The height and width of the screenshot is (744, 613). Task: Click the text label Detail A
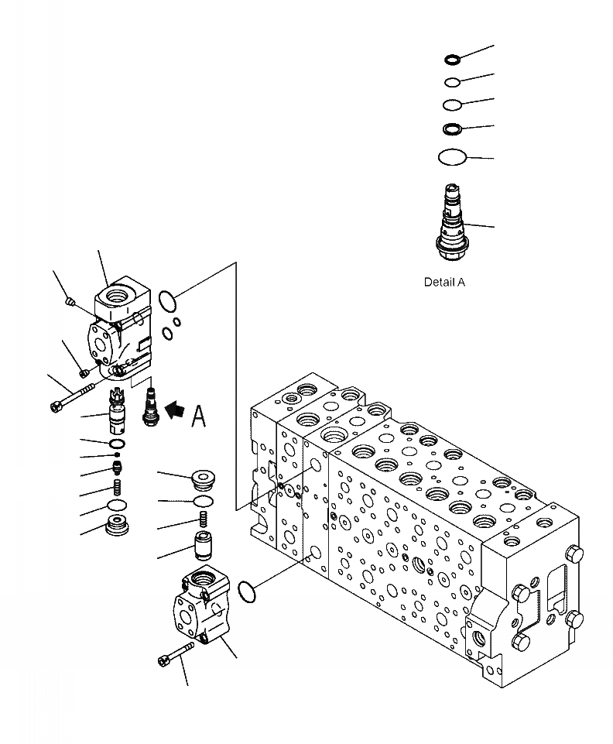444,283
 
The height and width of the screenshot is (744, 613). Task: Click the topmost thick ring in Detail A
453,59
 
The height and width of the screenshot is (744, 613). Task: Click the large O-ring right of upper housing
166,300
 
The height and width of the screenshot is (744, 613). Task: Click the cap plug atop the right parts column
204,480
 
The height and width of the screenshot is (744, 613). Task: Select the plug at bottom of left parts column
118,527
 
